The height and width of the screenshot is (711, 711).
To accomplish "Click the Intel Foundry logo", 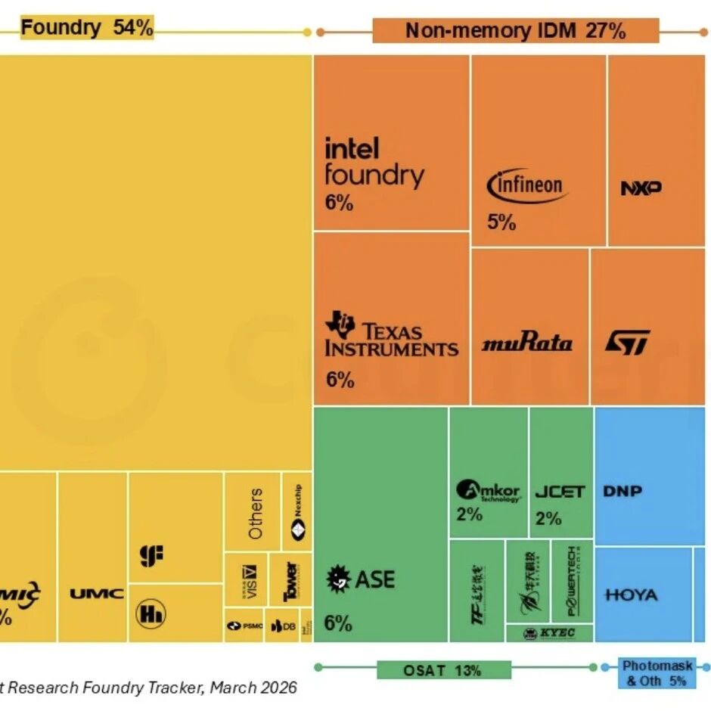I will (374, 162).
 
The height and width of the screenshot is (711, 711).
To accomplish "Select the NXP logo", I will (641, 188).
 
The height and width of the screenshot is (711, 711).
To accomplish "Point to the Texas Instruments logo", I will (391, 337).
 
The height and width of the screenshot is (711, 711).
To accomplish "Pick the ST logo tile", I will (627, 343).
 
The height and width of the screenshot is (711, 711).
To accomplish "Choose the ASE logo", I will (360, 580).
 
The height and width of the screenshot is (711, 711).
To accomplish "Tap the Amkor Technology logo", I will (489, 491).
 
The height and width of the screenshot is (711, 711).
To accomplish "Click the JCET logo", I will (560, 492).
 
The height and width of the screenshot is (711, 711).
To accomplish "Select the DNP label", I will (623, 491).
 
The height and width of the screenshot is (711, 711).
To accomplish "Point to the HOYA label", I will (632, 595).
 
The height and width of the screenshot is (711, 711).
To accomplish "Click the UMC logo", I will (97, 594).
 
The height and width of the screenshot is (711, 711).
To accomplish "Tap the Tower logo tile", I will (290, 581).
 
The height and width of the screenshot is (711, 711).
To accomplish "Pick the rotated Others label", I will (256, 514).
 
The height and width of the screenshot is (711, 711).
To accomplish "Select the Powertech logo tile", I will (572, 581).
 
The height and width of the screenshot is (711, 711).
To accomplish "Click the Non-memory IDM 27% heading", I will (515, 31).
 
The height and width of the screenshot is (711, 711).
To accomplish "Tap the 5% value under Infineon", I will (501, 222).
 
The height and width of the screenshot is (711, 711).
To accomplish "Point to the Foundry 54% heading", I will (87, 29).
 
